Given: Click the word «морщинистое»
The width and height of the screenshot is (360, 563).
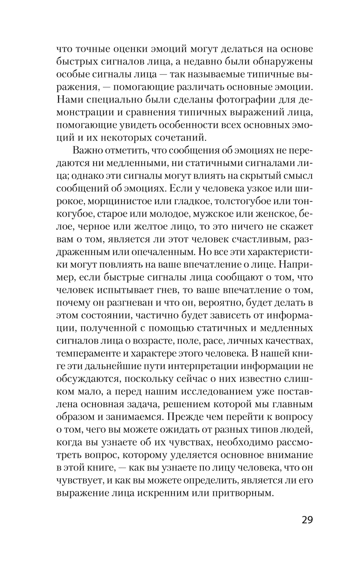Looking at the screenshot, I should pos(116,201).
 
